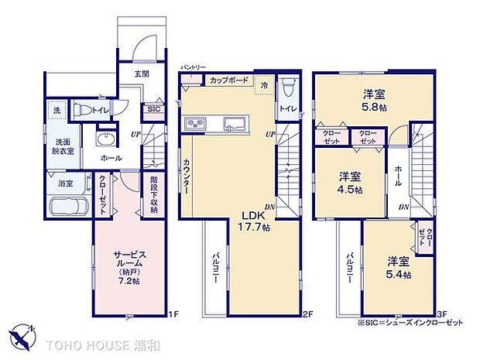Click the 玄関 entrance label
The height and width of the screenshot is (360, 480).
click(142, 74)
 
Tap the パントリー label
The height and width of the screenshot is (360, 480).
click(192, 68)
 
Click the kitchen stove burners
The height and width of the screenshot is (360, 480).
click(194, 125)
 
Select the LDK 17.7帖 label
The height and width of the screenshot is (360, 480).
click(254, 221)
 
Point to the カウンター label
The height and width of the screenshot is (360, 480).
click(187, 177)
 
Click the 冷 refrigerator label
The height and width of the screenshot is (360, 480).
click(264, 84)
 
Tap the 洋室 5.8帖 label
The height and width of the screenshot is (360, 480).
click(376, 101)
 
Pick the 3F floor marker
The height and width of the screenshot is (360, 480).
click(441, 314)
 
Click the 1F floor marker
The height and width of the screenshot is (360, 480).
click(174, 314)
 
